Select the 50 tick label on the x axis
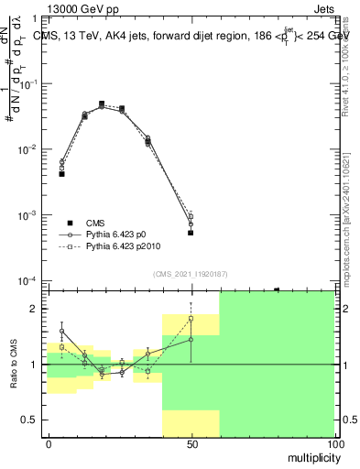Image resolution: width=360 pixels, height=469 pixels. tap(191, 443)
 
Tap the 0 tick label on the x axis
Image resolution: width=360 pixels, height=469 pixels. tap(49, 443)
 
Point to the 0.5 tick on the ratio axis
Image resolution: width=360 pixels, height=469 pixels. tap(33, 420)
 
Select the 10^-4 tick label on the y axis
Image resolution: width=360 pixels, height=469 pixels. tap(29, 281)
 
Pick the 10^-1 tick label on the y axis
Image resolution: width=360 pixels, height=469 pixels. tap(29, 83)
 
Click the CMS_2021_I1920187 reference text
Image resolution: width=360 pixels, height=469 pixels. tap(190, 274)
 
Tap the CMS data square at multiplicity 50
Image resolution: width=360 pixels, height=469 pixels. tap(191, 233)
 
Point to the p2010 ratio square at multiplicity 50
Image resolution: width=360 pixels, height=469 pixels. tap(191, 319)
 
